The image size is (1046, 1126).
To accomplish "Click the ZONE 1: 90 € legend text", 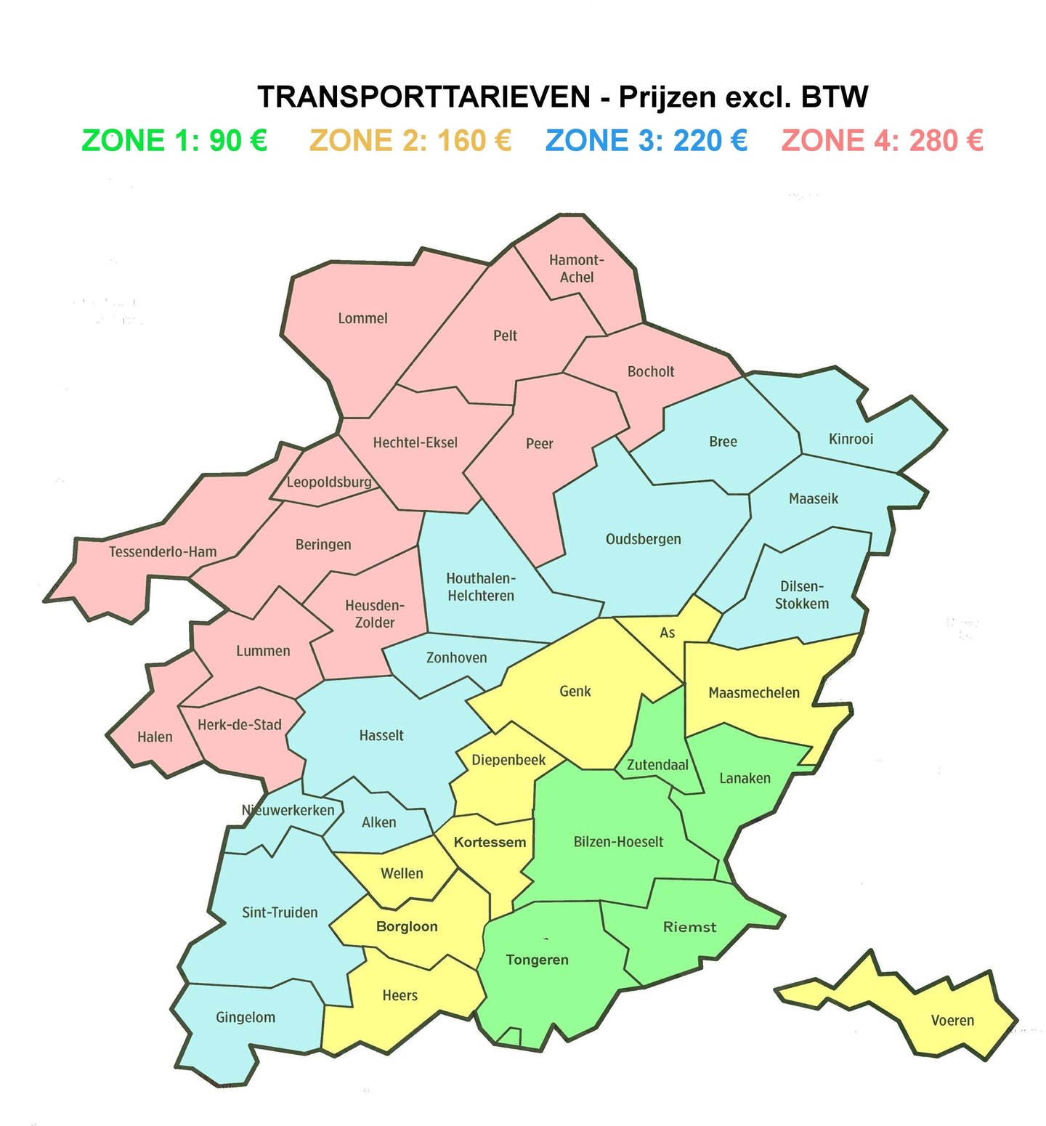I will click(174, 140).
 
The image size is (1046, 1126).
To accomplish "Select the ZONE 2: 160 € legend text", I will click(410, 140).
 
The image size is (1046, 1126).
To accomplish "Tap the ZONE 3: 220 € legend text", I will click(646, 140).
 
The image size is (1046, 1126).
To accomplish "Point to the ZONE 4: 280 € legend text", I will click(883, 140).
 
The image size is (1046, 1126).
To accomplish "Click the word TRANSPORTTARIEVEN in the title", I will click(424, 97).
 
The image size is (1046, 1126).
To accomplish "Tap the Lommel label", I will click(362, 318).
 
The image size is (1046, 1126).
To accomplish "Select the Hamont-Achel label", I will click(577, 268).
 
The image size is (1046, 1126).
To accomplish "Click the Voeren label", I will click(952, 1021).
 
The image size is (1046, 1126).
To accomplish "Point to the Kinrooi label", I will click(851, 439).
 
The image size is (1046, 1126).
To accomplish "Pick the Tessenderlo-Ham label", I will click(163, 551).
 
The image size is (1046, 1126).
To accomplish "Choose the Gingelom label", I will click(246, 1017).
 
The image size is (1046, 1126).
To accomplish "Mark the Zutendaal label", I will click(657, 764).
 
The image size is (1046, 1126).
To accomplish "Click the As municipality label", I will click(667, 633).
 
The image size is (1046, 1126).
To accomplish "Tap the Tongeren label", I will click(537, 960).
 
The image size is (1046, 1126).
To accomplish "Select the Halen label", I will click(155, 737).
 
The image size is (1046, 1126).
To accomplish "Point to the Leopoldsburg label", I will click(329, 482).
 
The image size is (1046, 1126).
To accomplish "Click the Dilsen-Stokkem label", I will click(802, 595).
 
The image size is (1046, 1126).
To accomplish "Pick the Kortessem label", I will click(490, 842).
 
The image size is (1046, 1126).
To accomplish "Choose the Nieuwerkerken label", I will click(288, 810).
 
